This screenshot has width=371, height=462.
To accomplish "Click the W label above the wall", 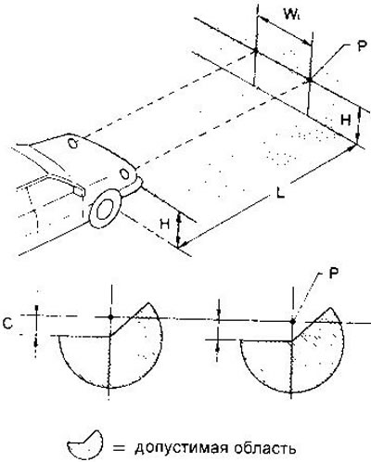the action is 292,14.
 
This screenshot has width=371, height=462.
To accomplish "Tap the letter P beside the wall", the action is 361,47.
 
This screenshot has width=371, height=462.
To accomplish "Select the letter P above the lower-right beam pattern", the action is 332,274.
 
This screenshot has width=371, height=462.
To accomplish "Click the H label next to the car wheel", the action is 165,225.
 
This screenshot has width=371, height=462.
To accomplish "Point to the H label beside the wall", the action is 346,120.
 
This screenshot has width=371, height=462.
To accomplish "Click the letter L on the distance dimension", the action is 280,194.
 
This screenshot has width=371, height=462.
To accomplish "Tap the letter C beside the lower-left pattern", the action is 7,324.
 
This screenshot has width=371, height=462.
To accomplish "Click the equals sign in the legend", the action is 119,448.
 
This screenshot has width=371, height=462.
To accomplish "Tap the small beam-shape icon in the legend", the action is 84,445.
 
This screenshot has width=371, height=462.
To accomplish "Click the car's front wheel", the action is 105,209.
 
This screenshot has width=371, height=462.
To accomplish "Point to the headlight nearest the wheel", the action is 124,173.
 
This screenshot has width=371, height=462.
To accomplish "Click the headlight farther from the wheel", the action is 73,144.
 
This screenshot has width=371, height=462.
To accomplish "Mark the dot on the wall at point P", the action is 310,80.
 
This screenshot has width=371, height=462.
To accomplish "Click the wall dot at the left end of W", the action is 256,50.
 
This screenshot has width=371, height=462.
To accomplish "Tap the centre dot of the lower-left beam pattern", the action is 111,317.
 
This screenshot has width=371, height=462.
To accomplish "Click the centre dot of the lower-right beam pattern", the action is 293,322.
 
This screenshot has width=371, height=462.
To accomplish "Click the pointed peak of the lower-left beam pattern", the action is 148,302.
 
